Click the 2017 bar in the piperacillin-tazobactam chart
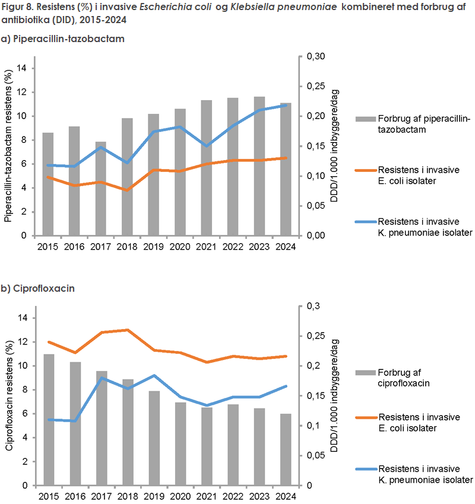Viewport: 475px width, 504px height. (x=102, y=189)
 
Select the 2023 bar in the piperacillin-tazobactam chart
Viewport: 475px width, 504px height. (x=259, y=166)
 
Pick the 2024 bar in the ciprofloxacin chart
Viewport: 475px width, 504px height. (x=286, y=449)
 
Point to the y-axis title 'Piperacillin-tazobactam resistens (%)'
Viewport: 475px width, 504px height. (x=10, y=146)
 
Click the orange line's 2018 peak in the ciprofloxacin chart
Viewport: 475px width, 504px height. (x=128, y=330)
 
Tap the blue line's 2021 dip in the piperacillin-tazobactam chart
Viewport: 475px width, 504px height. (x=207, y=146)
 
